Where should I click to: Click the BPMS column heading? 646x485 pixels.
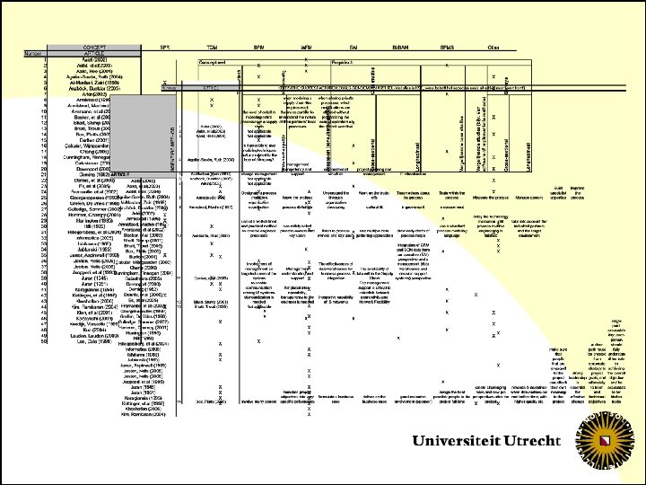[x=445, y=46]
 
